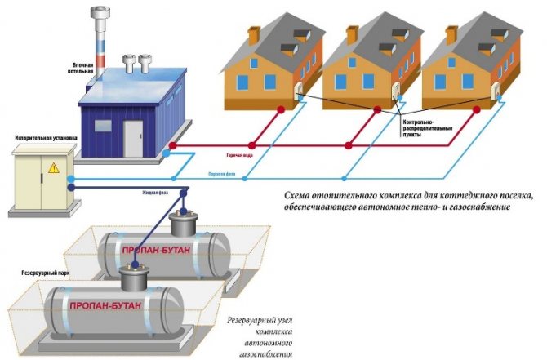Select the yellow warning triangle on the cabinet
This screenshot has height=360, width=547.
pos(53,168)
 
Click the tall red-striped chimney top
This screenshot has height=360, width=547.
pos(104,14)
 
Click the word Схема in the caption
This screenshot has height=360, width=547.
pos(297,196)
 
